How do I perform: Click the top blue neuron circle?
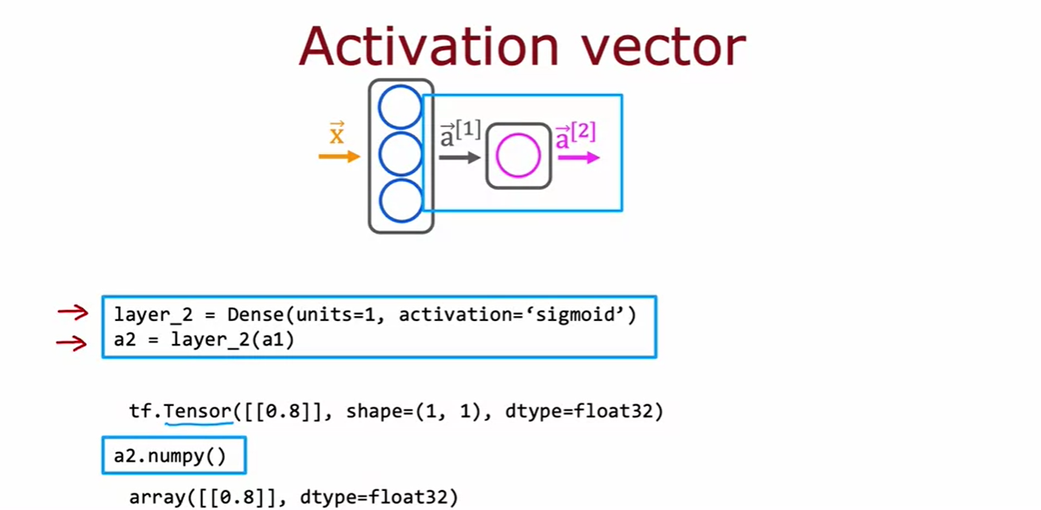click(x=400, y=106)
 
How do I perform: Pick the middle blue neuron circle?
click(x=400, y=154)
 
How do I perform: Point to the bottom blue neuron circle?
click(x=400, y=201)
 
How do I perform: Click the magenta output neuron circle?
click(x=518, y=156)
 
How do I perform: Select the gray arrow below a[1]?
click(x=460, y=157)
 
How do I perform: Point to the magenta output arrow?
click(x=579, y=157)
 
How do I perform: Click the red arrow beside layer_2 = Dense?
click(x=72, y=312)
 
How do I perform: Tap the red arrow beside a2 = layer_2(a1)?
click(x=72, y=343)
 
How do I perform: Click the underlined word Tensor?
click(x=198, y=411)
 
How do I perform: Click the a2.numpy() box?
click(x=174, y=456)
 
